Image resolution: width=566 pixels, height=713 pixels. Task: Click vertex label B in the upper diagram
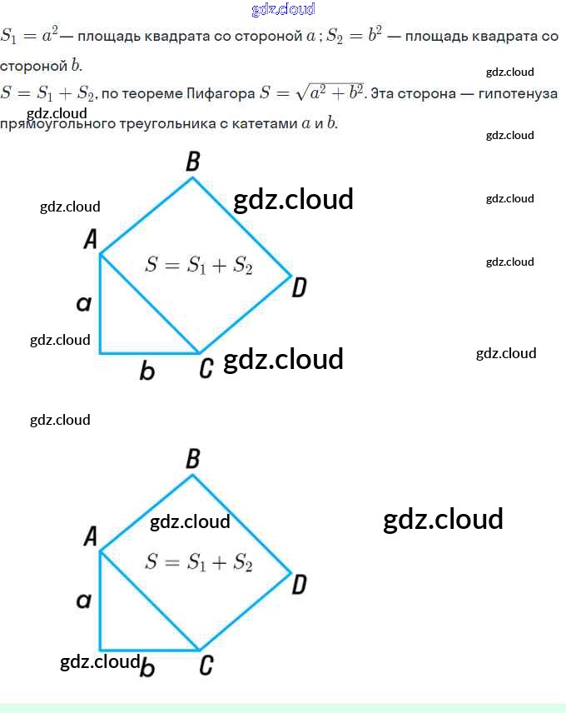click(193, 162)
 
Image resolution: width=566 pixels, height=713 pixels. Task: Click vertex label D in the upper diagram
click(300, 288)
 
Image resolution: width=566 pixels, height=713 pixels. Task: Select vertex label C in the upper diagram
click(206, 367)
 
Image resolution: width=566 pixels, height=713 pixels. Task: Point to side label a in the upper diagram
click(83, 304)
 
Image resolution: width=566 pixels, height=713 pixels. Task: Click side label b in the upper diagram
click(147, 371)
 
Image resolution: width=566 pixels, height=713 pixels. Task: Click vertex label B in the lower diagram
click(193, 458)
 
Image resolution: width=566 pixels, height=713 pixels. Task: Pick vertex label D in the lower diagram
click(300, 585)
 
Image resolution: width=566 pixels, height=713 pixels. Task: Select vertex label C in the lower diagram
click(206, 665)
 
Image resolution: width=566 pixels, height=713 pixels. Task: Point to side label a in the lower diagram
click(83, 601)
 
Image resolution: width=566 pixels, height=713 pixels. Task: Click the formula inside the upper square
click(198, 266)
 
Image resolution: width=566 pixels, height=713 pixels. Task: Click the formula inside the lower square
click(198, 562)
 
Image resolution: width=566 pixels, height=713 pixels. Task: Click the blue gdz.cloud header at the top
click(283, 10)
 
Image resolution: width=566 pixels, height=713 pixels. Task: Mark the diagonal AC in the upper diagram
click(150, 305)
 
